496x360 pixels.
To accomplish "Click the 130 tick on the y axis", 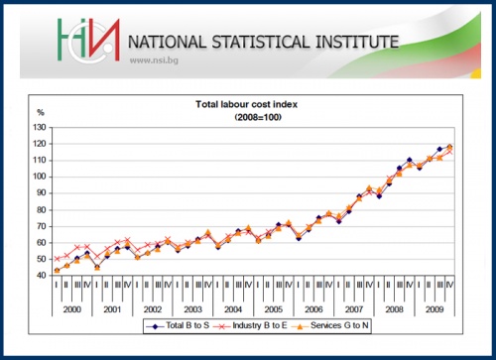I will point(40,128).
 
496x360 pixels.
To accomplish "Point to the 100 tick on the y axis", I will point(40,177).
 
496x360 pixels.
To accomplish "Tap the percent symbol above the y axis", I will point(41,114).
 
